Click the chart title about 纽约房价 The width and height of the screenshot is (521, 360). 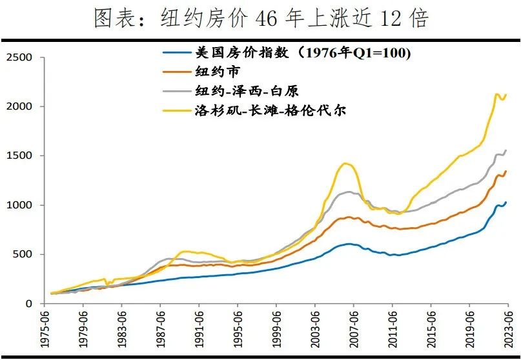[x=260, y=18]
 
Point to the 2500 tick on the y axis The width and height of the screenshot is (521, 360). [x=19, y=57]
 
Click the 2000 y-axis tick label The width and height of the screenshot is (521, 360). [x=19, y=106]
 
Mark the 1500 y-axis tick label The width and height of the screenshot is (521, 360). [x=19, y=155]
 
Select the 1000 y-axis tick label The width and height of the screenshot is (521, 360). [x=19, y=205]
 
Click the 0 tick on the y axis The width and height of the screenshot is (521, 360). [x=29, y=303]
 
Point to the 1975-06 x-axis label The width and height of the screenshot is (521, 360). [x=43, y=330]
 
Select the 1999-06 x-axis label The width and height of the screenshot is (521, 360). [x=276, y=330]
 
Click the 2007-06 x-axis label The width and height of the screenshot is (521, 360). [x=353, y=330]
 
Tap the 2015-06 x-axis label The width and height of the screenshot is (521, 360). [x=431, y=330]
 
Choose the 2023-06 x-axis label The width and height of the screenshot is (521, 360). [x=508, y=330]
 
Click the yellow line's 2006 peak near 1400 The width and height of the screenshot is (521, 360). [x=347, y=163]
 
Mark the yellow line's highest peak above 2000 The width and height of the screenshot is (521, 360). [x=496, y=94]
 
